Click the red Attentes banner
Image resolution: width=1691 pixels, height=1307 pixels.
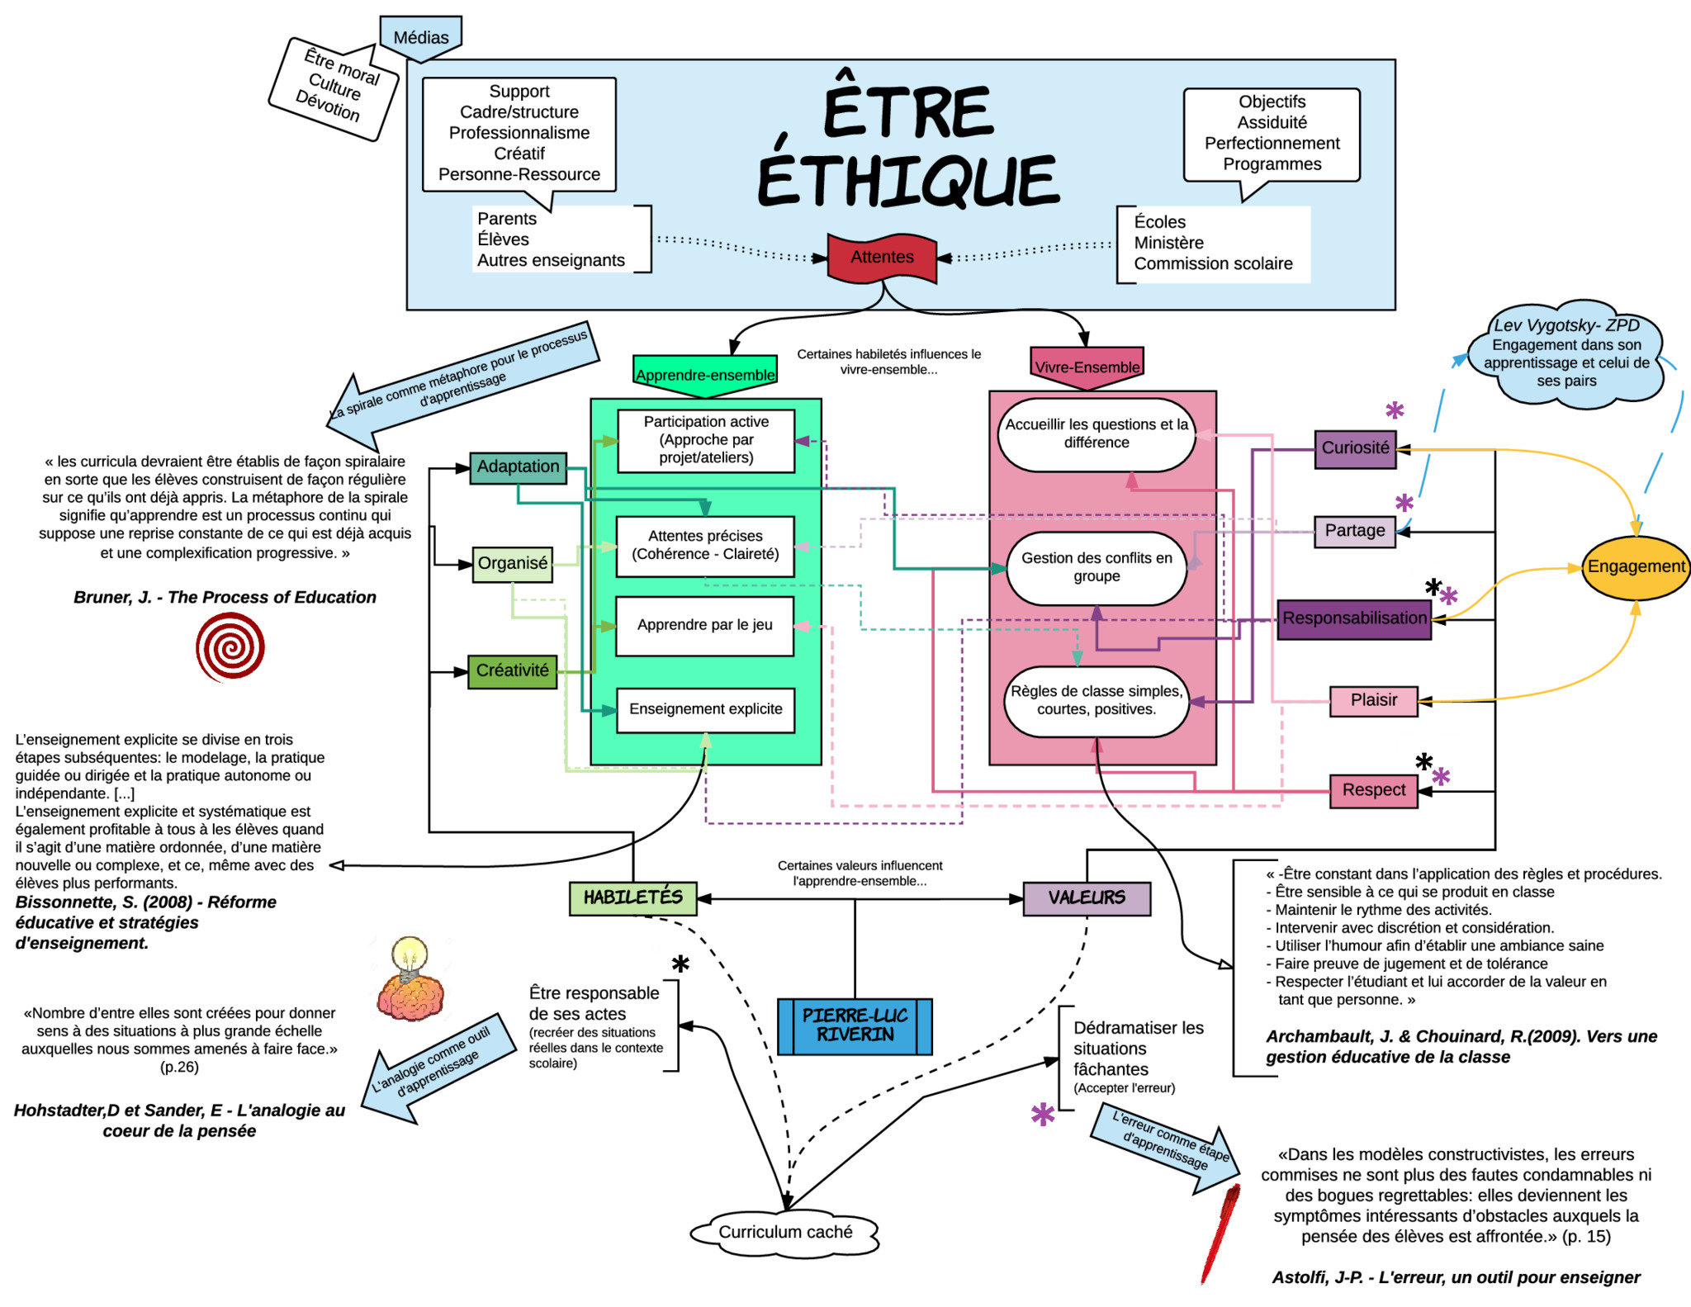tap(882, 258)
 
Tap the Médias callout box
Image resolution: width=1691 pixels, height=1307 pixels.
tap(420, 37)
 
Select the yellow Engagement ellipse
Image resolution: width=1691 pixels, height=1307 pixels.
tap(1636, 567)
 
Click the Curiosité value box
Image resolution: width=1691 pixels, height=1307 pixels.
tap(1355, 448)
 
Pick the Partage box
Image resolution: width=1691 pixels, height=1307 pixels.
tap(1354, 531)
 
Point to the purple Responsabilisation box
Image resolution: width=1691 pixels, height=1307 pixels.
tap(1354, 618)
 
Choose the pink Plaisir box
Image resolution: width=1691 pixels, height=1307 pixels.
tap(1373, 700)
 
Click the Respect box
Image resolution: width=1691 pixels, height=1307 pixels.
tap(1373, 790)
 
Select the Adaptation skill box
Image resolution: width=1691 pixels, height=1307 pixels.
tap(518, 467)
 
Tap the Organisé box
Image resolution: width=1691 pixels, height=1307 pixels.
tap(512, 564)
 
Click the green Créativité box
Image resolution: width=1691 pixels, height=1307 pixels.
tap(512, 671)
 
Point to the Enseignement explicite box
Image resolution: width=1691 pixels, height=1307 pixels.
tap(705, 709)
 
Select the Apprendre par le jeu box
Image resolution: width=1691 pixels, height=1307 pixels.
tap(704, 625)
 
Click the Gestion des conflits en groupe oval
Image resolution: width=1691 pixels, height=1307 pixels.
tap(1096, 567)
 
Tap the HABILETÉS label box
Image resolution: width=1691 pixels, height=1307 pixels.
tap(632, 898)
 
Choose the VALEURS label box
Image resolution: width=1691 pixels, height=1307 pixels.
tap(1086, 898)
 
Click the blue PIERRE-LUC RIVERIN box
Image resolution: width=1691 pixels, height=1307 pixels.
tap(855, 1025)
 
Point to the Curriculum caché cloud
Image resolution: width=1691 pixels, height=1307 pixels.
tap(784, 1233)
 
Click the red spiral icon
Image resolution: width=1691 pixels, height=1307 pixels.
tap(230, 646)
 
